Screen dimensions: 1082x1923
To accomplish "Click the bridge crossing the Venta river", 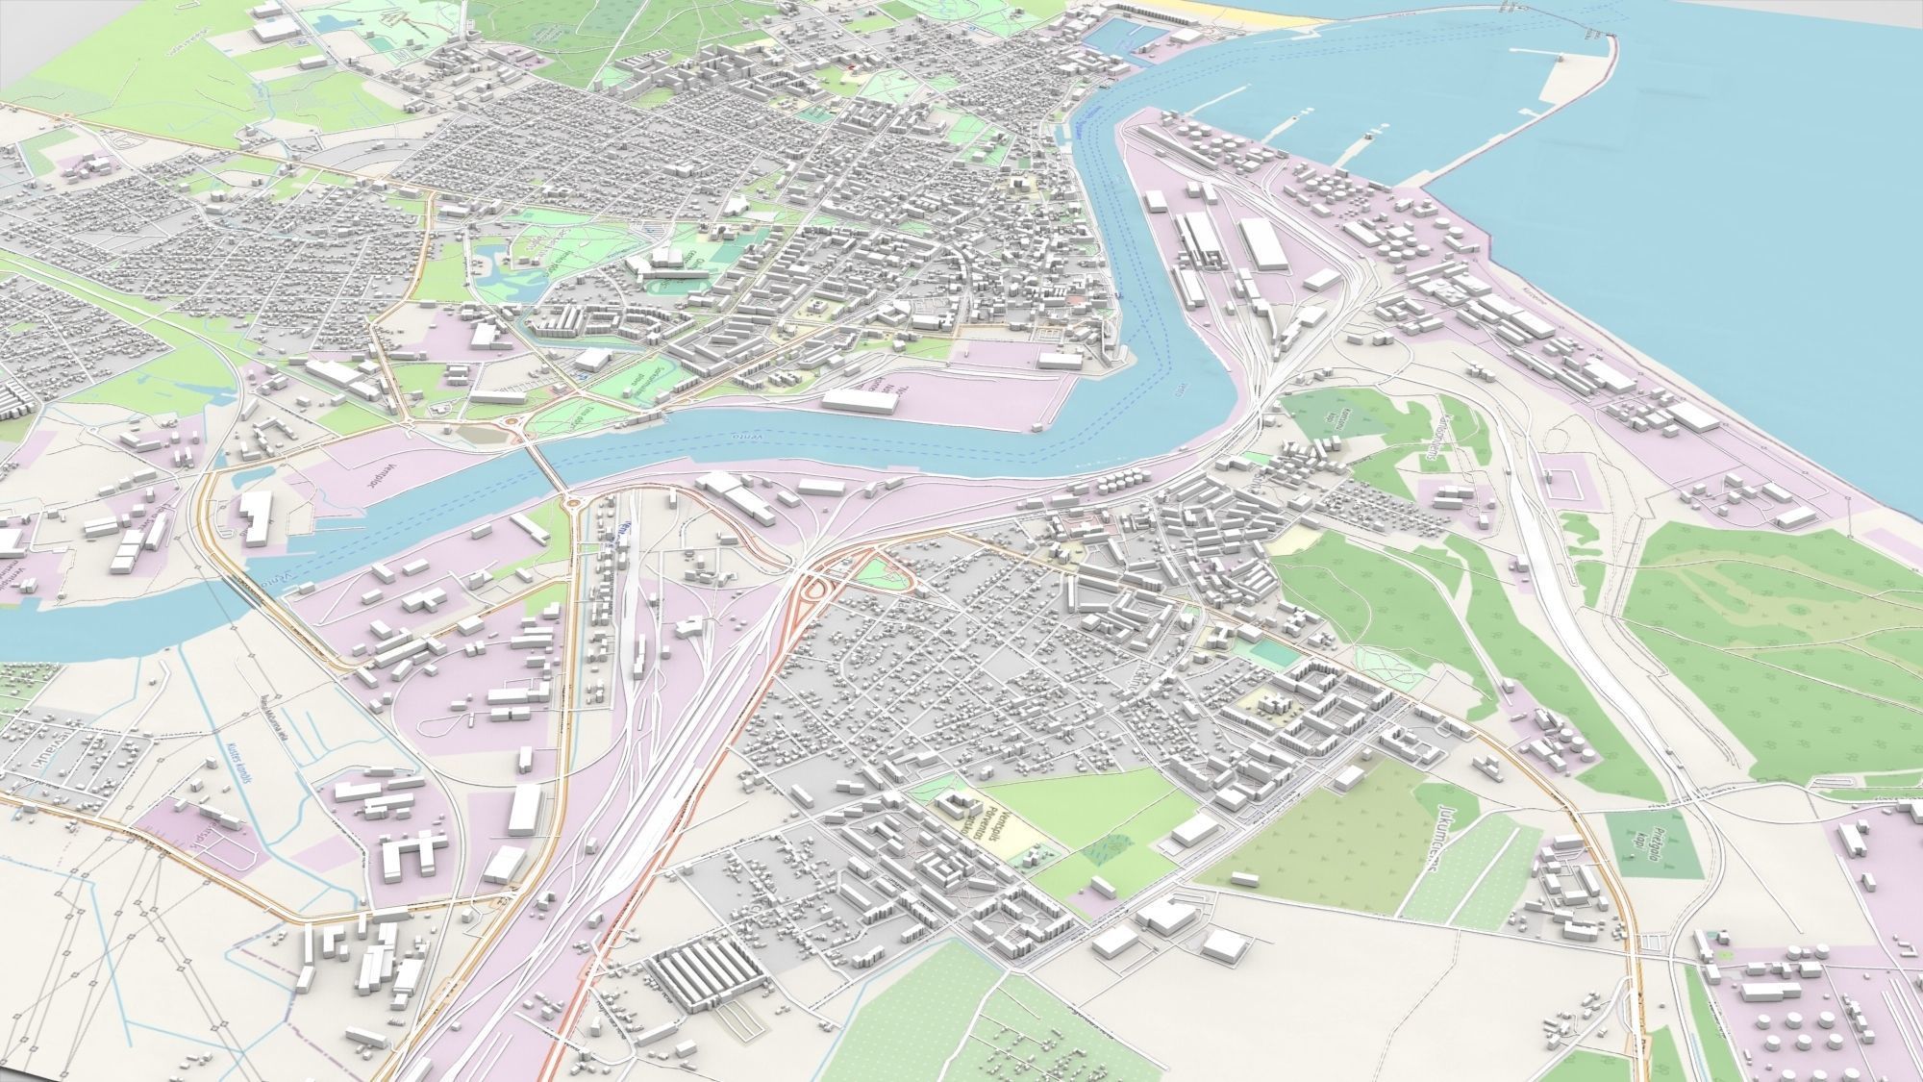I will tap(549, 468).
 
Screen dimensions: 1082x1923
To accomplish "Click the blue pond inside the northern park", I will tap(493, 260).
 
